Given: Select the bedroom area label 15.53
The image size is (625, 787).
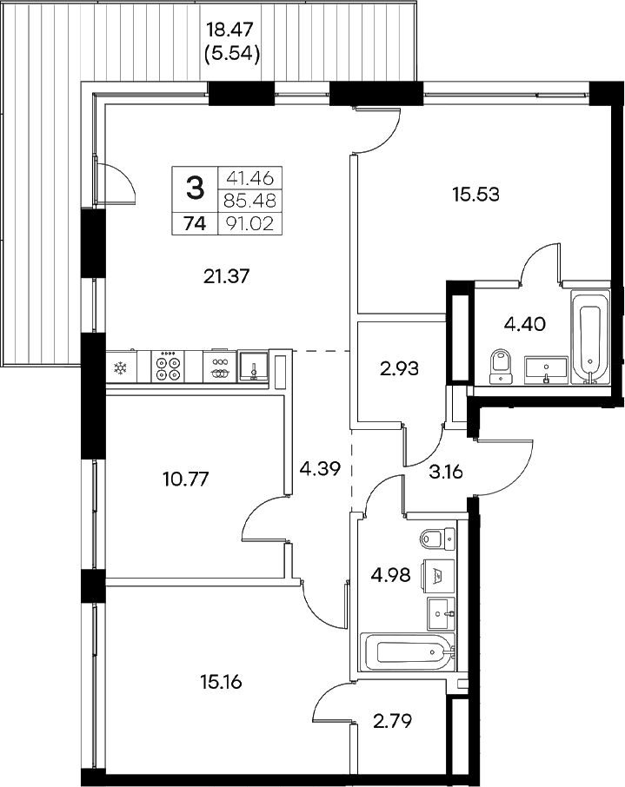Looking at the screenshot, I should coord(475,194).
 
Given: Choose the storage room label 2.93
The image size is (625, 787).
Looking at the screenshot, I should coord(399,368).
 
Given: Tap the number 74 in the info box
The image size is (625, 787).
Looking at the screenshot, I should coord(195,223).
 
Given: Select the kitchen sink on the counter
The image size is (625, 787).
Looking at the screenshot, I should coord(253,366).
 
